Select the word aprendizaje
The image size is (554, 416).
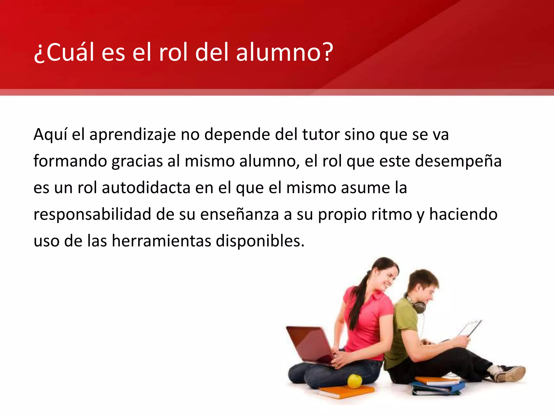click(x=133, y=135)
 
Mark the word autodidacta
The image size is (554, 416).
click(x=146, y=188)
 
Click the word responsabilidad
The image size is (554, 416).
click(x=92, y=214)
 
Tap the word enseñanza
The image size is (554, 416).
click(x=239, y=214)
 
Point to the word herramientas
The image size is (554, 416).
click(x=161, y=241)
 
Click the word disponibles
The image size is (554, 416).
click(x=260, y=241)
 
